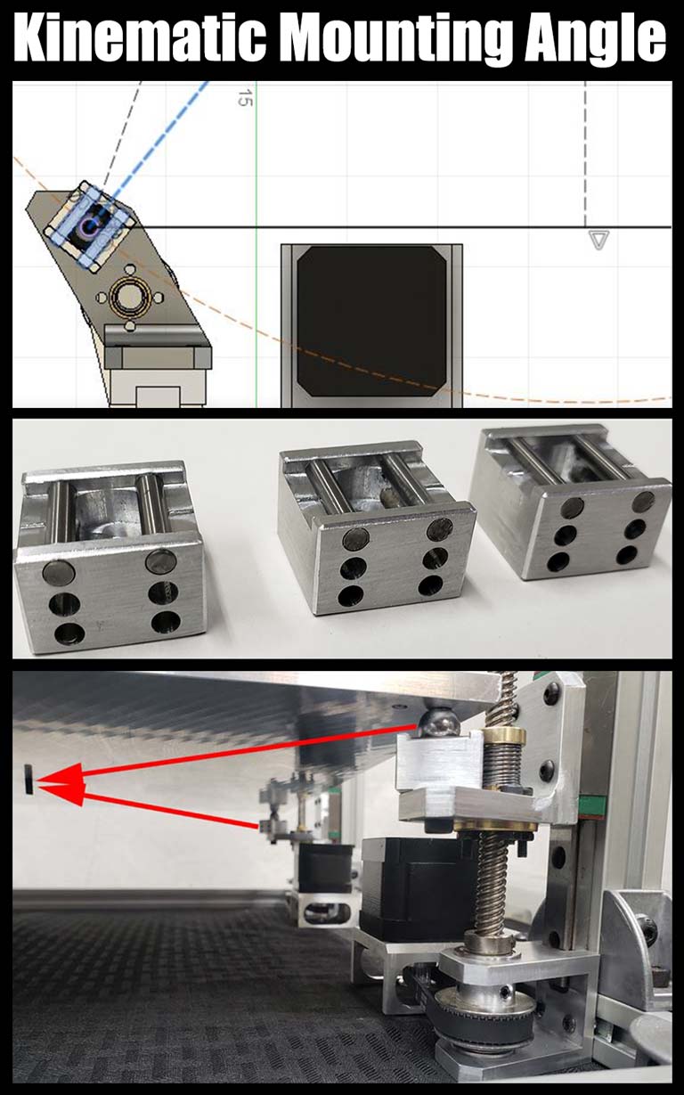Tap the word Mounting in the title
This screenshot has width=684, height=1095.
pyautogui.click(x=395, y=40)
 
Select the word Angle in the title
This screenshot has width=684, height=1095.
pyautogui.click(x=595, y=40)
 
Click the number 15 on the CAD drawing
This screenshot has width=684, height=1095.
pyautogui.click(x=245, y=98)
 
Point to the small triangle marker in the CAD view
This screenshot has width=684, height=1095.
pyautogui.click(x=598, y=240)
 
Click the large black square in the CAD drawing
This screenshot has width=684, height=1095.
pyautogui.click(x=371, y=321)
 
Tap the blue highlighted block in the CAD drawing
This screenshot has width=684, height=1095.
pyautogui.click(x=91, y=225)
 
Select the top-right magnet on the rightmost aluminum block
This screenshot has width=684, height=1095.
pyautogui.click(x=643, y=502)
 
